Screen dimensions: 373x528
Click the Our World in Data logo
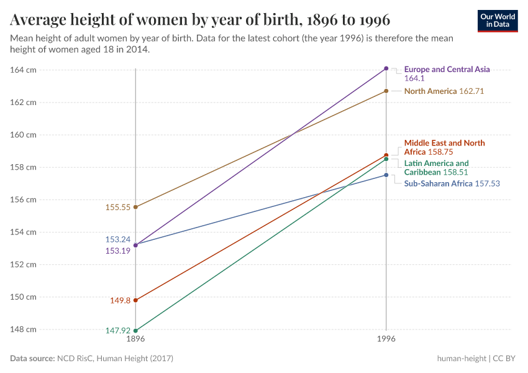tap(498, 21)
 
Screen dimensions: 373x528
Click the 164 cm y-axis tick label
tap(23, 70)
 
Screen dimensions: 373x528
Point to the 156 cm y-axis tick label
tap(23, 200)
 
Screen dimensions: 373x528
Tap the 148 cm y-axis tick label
tap(23, 329)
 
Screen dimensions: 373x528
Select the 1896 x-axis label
tap(135, 339)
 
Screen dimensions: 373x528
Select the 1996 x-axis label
tap(386, 339)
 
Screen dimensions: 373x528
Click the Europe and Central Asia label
tap(447, 70)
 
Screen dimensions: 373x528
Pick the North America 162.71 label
tap(444, 91)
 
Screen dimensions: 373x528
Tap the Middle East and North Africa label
tap(444, 147)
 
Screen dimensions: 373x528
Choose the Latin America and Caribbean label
tap(436, 168)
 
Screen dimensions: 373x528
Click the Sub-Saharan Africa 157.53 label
tap(452, 184)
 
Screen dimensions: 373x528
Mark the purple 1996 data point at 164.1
tap(386, 68)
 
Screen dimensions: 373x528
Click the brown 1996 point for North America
tap(386, 91)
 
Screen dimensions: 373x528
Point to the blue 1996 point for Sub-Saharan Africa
tap(386, 175)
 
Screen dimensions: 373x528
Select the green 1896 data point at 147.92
tap(135, 330)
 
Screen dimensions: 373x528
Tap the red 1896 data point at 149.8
tap(135, 300)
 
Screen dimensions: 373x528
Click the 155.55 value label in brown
tap(118, 208)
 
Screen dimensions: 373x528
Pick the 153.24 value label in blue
tap(117, 239)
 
